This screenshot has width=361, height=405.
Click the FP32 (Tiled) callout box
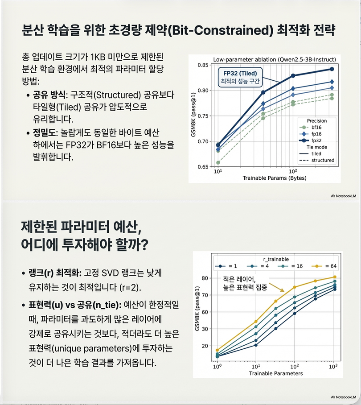[x=240, y=77]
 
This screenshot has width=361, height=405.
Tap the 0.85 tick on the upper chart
[x=203, y=66]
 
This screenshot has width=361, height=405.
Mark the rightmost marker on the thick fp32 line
[x=332, y=69]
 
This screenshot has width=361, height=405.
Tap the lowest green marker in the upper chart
[x=218, y=163]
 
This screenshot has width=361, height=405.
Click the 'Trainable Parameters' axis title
[x=276, y=373]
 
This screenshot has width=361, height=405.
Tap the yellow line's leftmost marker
[x=217, y=350]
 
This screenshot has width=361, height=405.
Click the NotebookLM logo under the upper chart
[x=344, y=195]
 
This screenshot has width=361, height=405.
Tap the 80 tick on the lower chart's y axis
[x=205, y=278]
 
